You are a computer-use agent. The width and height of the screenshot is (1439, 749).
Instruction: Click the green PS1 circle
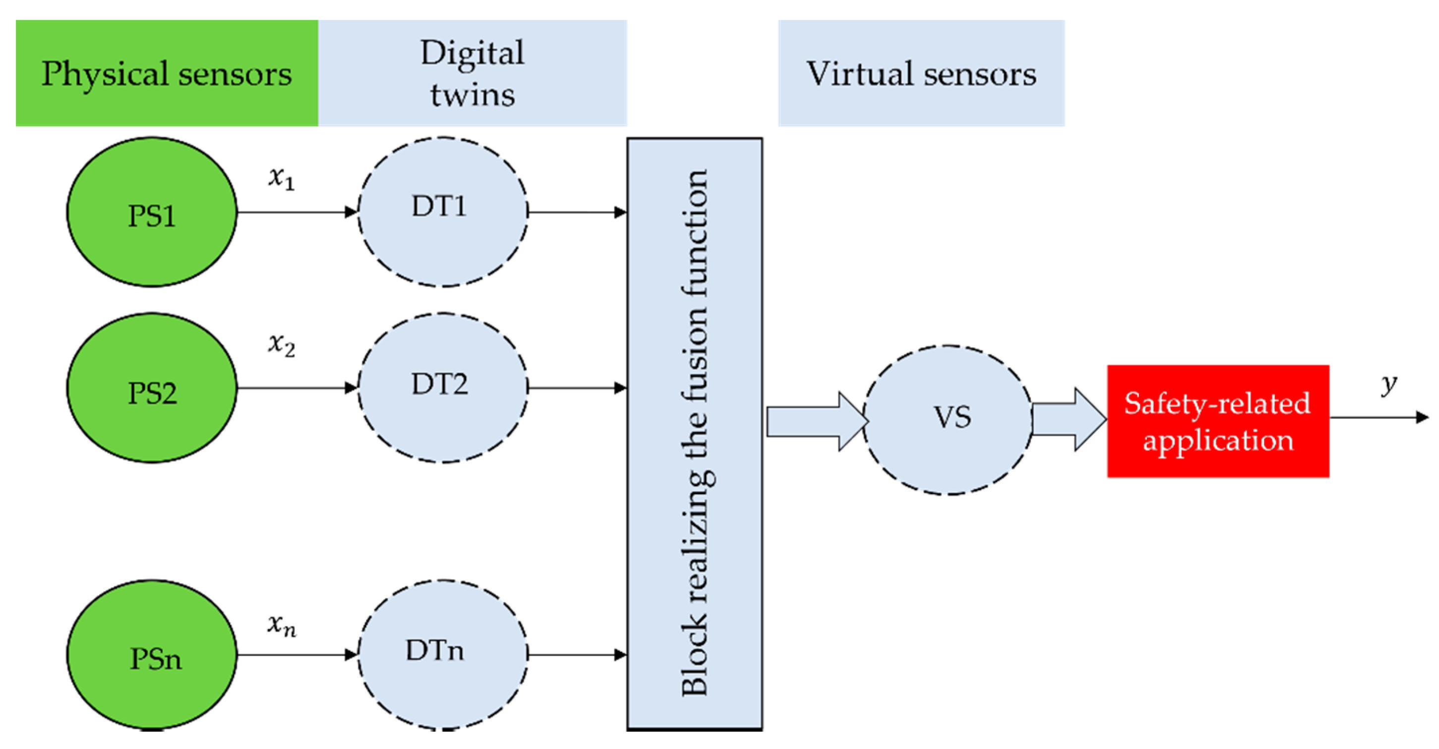tap(151, 213)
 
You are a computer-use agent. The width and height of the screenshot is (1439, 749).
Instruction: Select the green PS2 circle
tap(151, 388)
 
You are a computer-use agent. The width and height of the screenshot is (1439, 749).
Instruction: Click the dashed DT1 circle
tap(442, 213)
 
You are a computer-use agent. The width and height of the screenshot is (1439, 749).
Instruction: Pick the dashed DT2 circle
tap(442, 388)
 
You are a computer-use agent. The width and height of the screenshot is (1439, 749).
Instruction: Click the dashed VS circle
tap(948, 420)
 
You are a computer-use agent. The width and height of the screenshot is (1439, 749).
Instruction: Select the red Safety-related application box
tap(1218, 421)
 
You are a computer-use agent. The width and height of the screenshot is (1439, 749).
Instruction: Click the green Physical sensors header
tap(167, 73)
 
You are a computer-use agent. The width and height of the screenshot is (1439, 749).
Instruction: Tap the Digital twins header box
tap(473, 73)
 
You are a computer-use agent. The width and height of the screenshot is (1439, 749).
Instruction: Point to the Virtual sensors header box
tap(921, 73)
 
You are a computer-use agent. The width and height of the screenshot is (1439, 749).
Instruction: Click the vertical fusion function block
tap(694, 433)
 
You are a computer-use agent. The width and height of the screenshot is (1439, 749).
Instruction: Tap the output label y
tap(1389, 384)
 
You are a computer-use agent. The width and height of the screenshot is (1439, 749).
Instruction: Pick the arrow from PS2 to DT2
tap(297, 388)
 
